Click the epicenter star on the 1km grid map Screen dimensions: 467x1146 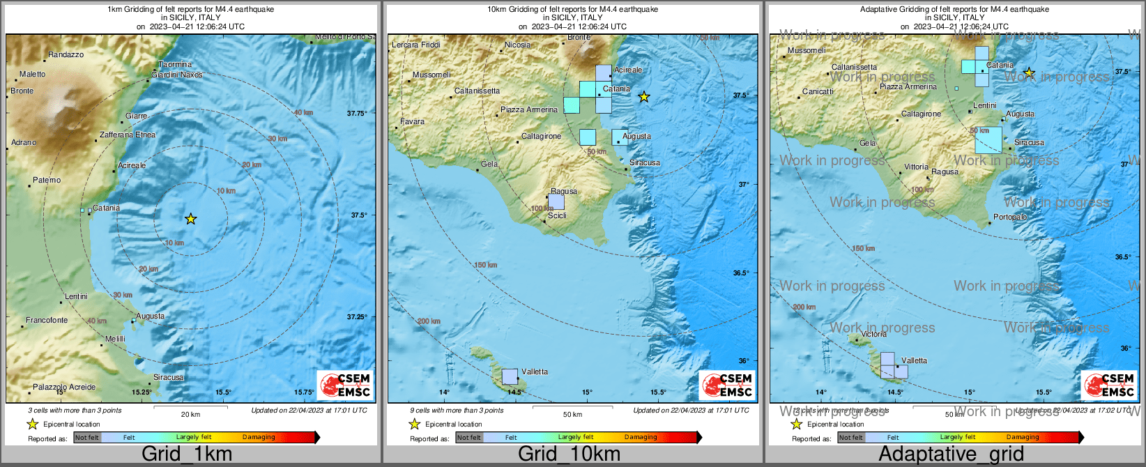click(x=190, y=219)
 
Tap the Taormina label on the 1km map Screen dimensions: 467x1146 click(x=175, y=64)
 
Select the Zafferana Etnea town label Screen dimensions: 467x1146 click(x=128, y=135)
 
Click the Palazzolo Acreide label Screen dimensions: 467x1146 click(x=64, y=387)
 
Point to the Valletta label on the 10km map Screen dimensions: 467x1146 click(x=535, y=372)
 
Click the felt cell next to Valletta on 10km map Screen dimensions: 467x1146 click(x=510, y=376)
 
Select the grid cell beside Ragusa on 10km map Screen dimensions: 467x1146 click(x=556, y=202)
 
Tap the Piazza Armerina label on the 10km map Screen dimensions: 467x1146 click(x=529, y=109)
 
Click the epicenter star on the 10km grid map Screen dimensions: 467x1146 click(x=644, y=97)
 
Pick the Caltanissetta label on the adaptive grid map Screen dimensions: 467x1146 click(x=854, y=68)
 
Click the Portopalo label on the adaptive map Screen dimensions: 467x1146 click(x=1010, y=217)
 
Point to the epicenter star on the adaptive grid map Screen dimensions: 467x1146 click(x=1029, y=72)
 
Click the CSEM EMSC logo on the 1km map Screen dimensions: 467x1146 click(x=345, y=385)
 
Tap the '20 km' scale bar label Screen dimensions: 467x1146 click(x=190, y=415)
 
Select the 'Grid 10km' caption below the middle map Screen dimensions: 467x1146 click(x=569, y=454)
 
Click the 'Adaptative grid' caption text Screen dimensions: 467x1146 click(x=951, y=454)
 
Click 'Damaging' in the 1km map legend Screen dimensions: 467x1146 click(x=259, y=438)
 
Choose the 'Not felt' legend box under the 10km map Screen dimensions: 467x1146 click(x=469, y=438)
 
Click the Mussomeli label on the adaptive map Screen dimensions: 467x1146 click(x=807, y=50)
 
